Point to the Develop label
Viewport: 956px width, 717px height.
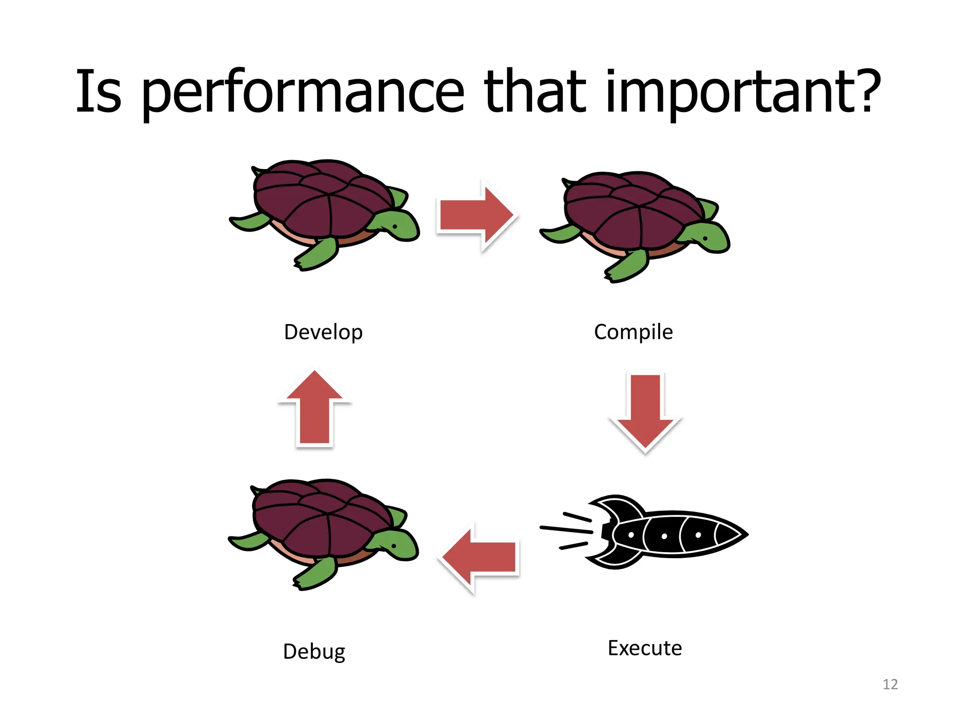[x=323, y=332]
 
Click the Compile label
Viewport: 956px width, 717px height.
[x=633, y=332]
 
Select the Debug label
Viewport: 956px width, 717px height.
[x=314, y=651]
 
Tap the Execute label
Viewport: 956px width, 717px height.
[x=645, y=648]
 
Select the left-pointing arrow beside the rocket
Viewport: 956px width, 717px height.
[x=479, y=557]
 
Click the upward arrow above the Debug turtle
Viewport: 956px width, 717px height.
[x=315, y=408]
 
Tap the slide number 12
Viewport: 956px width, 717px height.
[x=890, y=684]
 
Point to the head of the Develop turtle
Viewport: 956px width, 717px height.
[x=397, y=226]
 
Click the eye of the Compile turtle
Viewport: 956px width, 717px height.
[x=705, y=239]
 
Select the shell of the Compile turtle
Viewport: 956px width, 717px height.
[x=630, y=210]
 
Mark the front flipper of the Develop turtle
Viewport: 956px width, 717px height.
[x=317, y=255]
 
